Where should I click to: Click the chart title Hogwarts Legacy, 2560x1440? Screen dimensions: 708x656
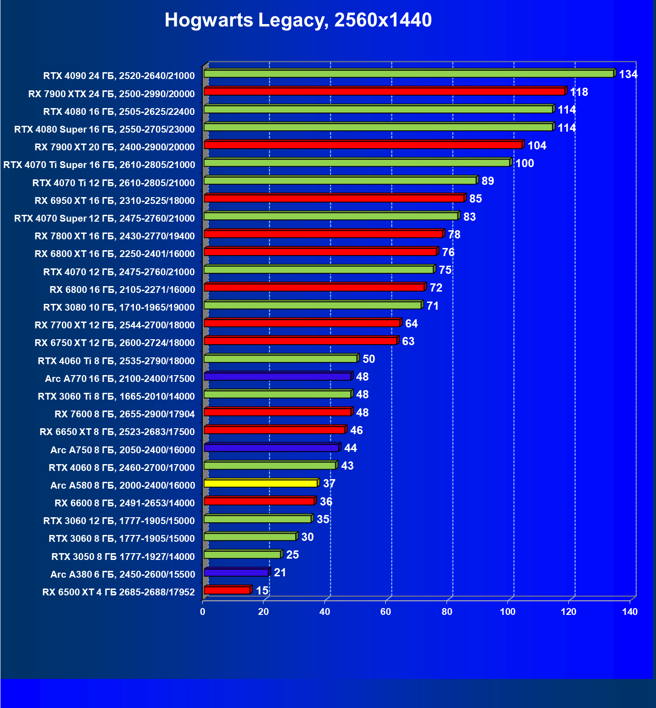click(x=298, y=20)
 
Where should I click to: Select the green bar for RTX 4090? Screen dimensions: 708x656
click(x=409, y=74)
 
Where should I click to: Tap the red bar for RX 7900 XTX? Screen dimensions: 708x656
click(x=384, y=91)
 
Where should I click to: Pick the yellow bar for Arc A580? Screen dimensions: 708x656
click(x=261, y=483)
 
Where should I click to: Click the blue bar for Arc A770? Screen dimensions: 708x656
click(x=278, y=376)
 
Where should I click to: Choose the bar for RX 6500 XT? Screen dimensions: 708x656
click(x=227, y=590)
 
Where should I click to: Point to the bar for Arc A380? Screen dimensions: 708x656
click(x=236, y=572)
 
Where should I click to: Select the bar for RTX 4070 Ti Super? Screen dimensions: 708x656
click(x=357, y=163)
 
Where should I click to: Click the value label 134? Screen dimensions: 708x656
click(x=628, y=74)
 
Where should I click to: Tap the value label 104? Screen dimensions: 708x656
click(x=537, y=146)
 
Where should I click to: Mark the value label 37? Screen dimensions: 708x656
click(x=329, y=484)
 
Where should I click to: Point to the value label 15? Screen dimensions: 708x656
click(x=262, y=590)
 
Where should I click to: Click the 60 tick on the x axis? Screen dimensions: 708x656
click(x=386, y=612)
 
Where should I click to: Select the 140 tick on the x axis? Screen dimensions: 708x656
click(x=630, y=612)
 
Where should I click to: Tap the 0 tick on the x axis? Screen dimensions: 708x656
click(x=203, y=612)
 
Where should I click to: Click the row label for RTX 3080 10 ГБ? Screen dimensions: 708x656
click(x=119, y=307)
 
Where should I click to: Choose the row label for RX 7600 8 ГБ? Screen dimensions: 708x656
click(x=124, y=414)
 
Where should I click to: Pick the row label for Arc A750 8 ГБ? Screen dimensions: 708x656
click(x=123, y=450)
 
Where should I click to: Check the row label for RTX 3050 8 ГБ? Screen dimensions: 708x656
click(x=123, y=557)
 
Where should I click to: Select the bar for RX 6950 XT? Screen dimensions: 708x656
click(x=334, y=198)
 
